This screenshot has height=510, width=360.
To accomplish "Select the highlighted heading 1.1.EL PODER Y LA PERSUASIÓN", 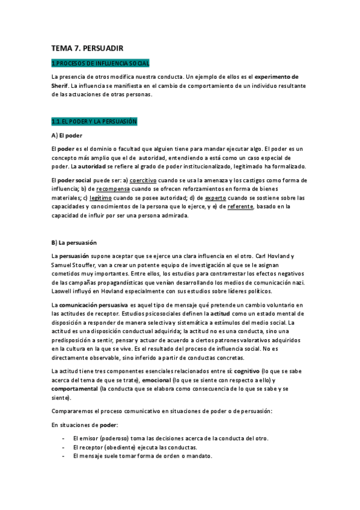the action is [x=94, y=121].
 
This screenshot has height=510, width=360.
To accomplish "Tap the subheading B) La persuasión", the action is [x=74, y=242].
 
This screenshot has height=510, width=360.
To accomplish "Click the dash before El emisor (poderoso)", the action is [x=63, y=438].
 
